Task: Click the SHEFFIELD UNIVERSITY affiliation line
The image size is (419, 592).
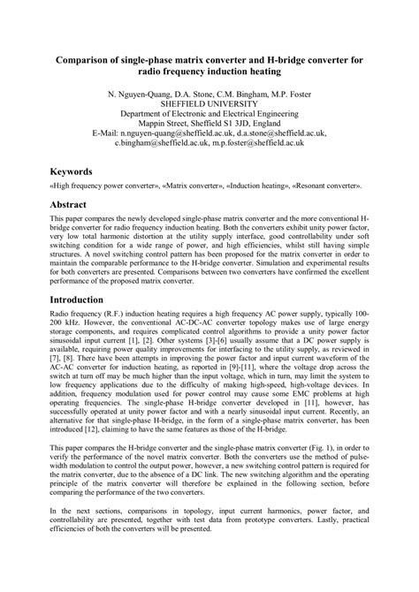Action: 209,103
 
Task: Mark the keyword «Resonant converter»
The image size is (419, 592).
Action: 329,187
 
